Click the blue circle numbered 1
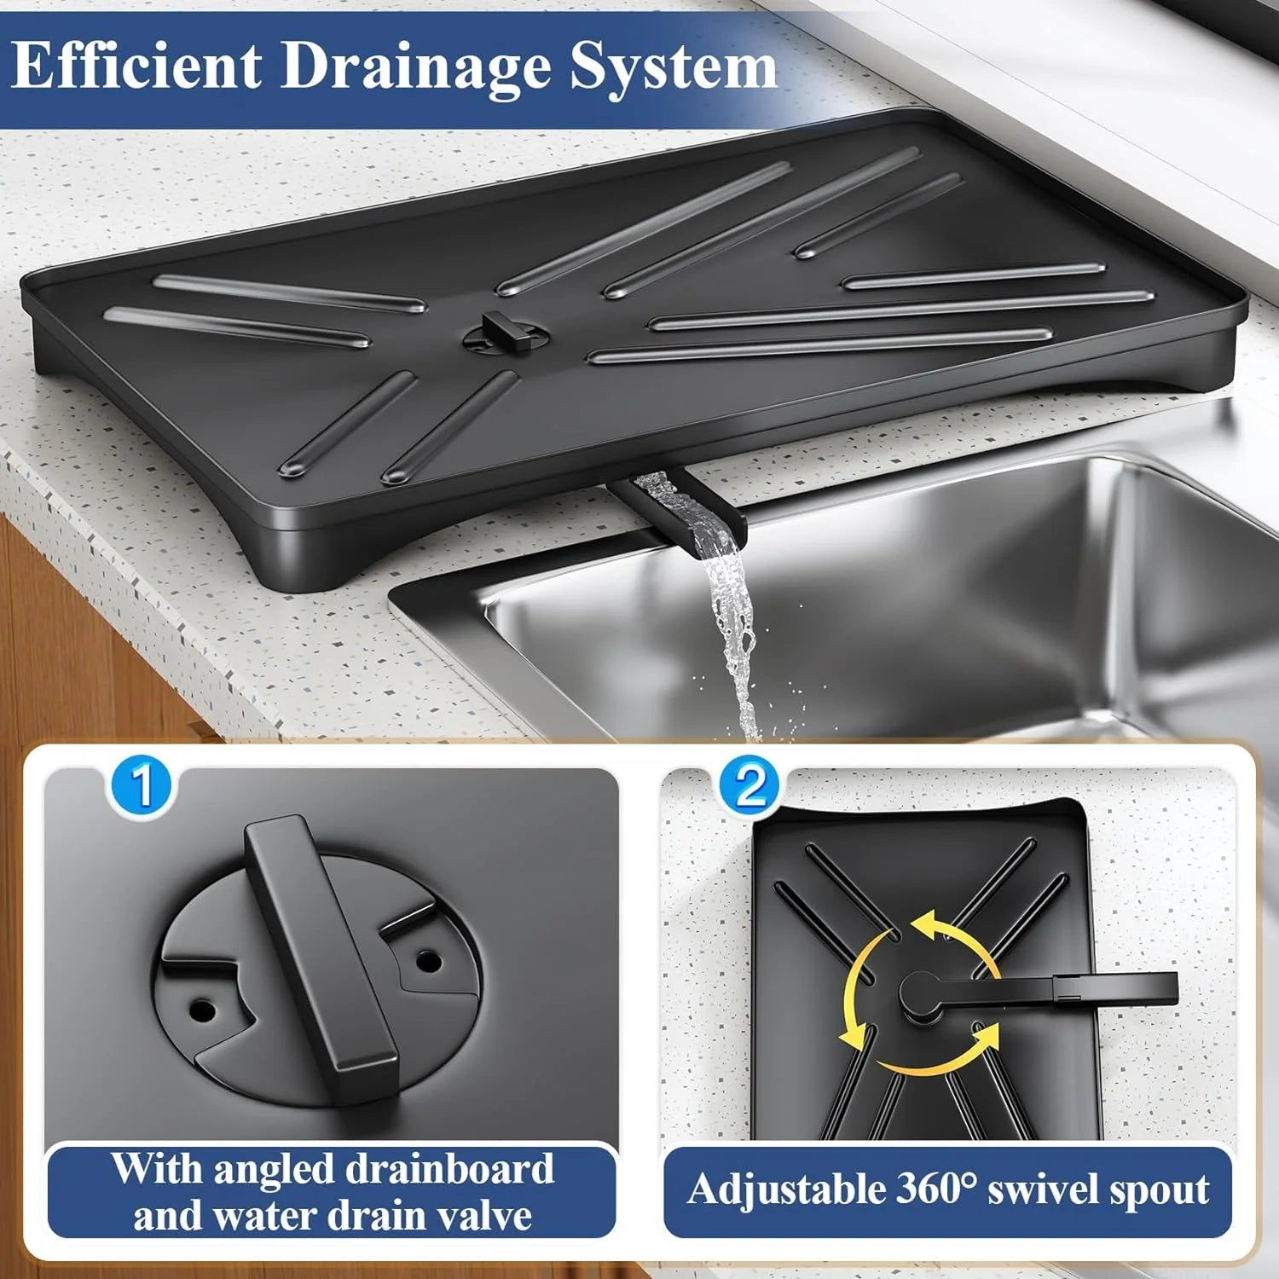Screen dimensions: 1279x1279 142,786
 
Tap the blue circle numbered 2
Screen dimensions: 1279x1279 750,786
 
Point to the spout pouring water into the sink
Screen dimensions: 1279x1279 682,507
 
